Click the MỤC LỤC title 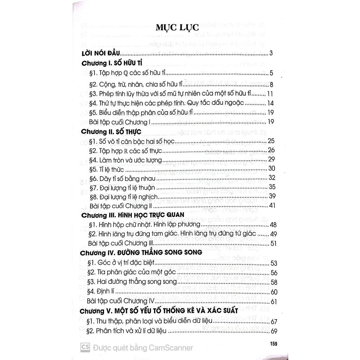pyautogui.click(x=178, y=28)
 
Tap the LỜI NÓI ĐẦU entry pyautogui.click(x=100, y=54)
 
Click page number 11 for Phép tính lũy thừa pyautogui.click(x=270, y=94)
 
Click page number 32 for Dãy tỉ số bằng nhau pyautogui.click(x=272, y=178)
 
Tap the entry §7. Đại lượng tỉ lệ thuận pyautogui.click(x=122, y=187)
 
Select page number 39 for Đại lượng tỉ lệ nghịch pyautogui.click(x=272, y=196)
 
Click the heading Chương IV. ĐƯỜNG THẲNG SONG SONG pyautogui.click(x=141, y=253)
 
